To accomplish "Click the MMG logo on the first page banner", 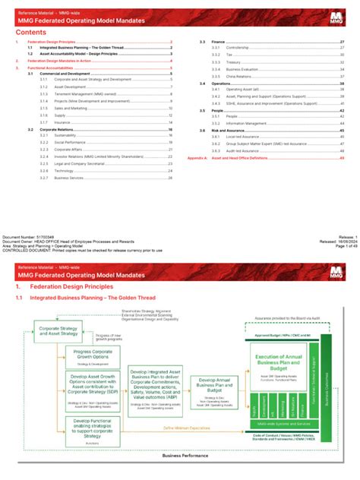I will tap(338, 17).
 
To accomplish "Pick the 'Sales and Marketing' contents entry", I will tap(70, 108).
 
